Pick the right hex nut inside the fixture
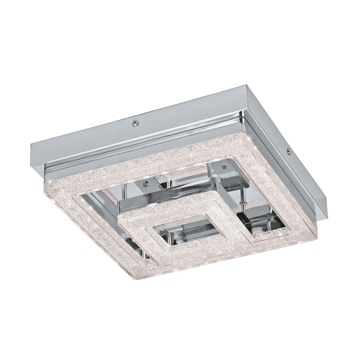pyautogui.click(x=224, y=165)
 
